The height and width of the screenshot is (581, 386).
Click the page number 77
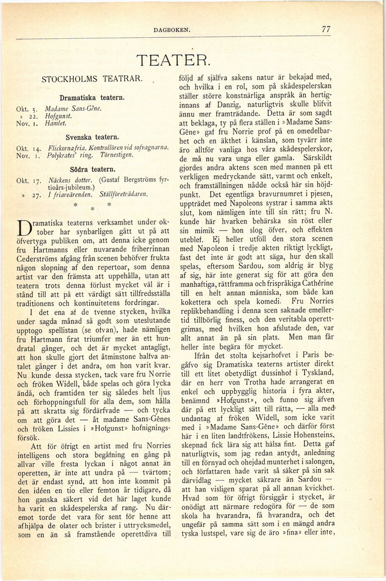326,29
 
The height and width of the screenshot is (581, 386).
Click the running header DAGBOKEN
172,30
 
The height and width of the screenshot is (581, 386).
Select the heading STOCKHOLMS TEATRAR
92,79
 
